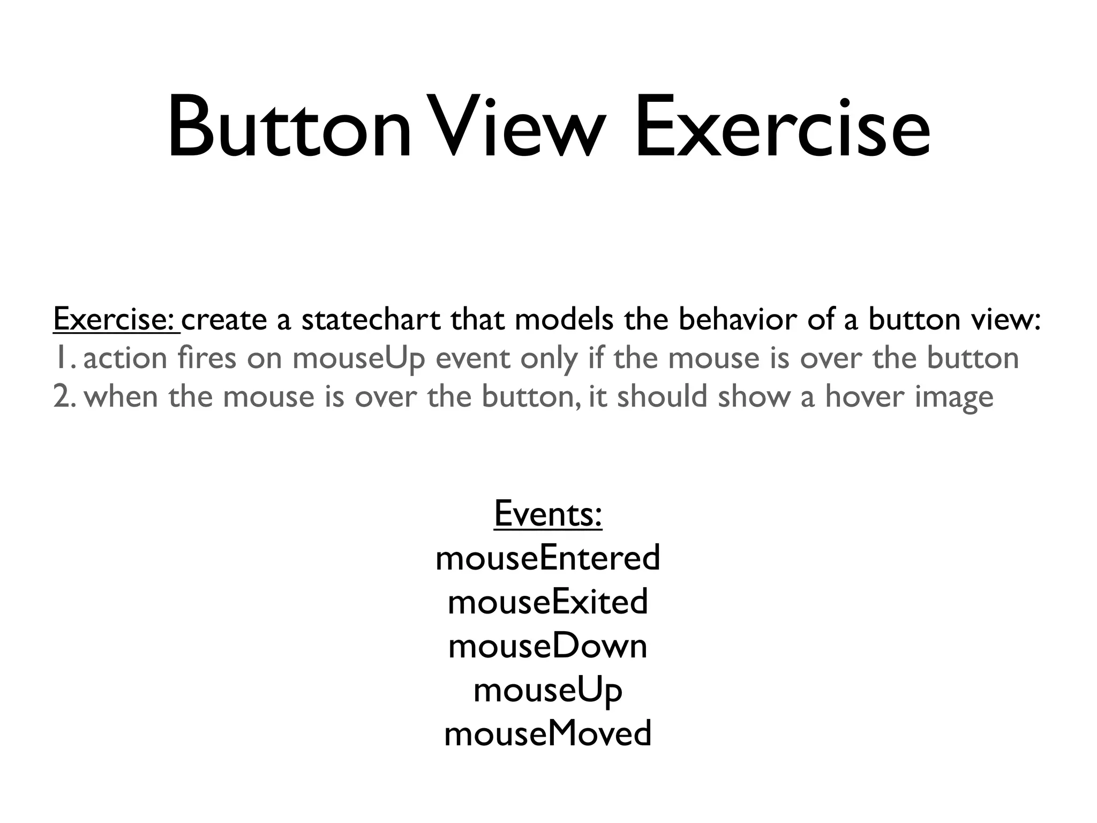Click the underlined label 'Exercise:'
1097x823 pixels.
[x=116, y=319]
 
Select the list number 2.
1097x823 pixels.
[x=63, y=397]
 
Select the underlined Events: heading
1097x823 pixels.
[x=548, y=513]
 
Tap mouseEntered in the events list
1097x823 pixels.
[x=548, y=558]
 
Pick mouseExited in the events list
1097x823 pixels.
[x=548, y=602]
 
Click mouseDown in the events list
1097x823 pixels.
[x=548, y=646]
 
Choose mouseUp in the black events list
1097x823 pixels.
[x=548, y=690]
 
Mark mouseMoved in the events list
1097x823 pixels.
[x=548, y=734]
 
